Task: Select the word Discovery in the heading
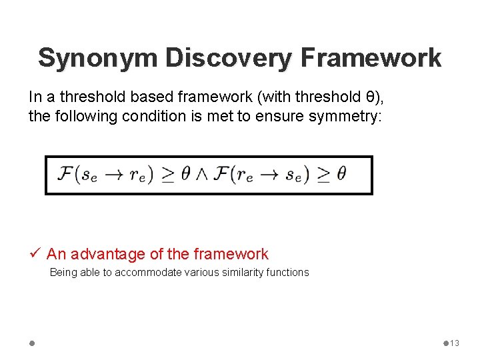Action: (228, 57)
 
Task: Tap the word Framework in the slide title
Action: (371, 57)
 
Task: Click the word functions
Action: (287, 273)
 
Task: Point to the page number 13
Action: (455, 343)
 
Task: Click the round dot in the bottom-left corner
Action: (32, 343)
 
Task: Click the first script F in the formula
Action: (66, 174)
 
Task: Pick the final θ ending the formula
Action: (341, 174)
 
